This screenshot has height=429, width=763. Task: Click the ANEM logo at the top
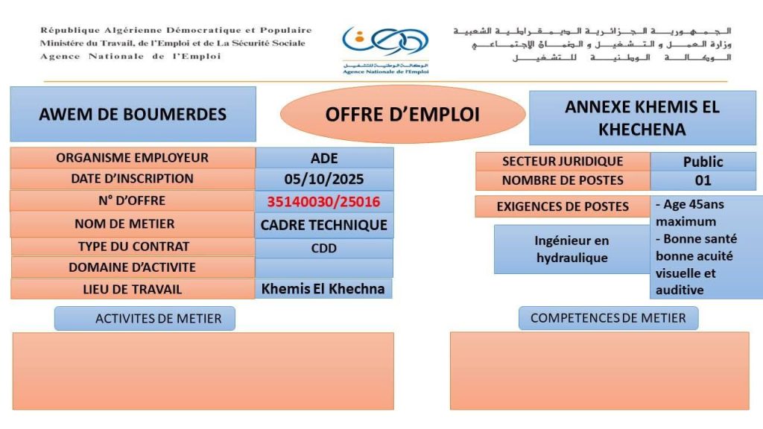[384, 49]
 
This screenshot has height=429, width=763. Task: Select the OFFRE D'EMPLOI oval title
[402, 114]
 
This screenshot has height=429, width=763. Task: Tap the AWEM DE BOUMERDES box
[133, 114]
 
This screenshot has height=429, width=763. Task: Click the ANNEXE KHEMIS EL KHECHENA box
[642, 118]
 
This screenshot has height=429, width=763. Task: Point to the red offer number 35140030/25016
[324, 202]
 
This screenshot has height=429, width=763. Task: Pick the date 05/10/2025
[324, 179]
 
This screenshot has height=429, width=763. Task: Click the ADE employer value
[324, 158]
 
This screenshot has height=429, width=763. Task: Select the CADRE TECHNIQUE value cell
[324, 225]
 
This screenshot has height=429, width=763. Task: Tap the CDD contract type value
[324, 248]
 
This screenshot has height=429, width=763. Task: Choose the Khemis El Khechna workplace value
[323, 289]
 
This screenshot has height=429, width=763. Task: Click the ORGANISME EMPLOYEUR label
[133, 158]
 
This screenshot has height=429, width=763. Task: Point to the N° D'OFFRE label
[133, 201]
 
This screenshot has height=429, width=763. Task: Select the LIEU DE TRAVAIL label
[133, 289]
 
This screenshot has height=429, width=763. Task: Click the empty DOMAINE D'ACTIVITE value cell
[324, 267]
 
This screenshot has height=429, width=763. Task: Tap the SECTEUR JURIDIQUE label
[563, 162]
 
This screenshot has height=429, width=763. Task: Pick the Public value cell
[703, 162]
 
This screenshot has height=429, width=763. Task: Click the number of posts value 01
[703, 180]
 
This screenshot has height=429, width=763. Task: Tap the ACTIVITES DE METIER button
[145, 319]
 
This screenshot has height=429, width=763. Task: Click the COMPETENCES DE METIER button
[608, 318]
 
